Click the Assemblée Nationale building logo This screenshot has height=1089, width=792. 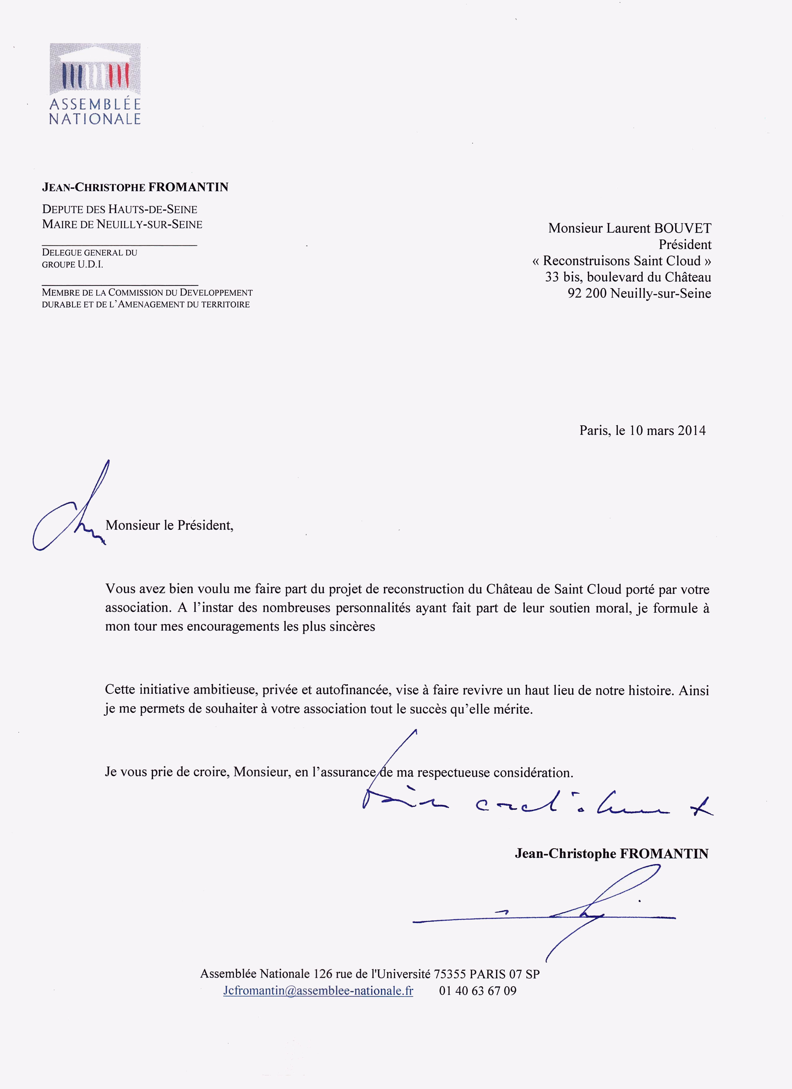(x=95, y=69)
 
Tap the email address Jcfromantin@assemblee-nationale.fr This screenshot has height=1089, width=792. (x=318, y=991)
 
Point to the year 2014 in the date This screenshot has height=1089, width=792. (x=692, y=430)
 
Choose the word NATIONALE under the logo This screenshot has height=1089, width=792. (x=95, y=119)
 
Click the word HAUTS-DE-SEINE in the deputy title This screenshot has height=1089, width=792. (x=153, y=209)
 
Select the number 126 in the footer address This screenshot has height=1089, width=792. (x=323, y=974)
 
